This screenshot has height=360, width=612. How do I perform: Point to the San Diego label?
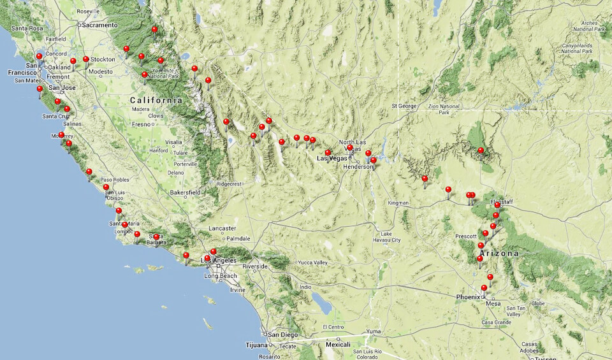click(283, 335)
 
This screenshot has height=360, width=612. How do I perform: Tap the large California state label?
click(156, 101)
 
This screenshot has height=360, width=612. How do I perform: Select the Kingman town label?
click(400, 203)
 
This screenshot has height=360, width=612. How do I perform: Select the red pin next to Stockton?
click(86, 60)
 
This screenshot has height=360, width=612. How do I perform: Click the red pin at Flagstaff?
click(497, 206)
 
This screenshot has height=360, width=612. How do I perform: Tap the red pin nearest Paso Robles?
click(89, 172)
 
